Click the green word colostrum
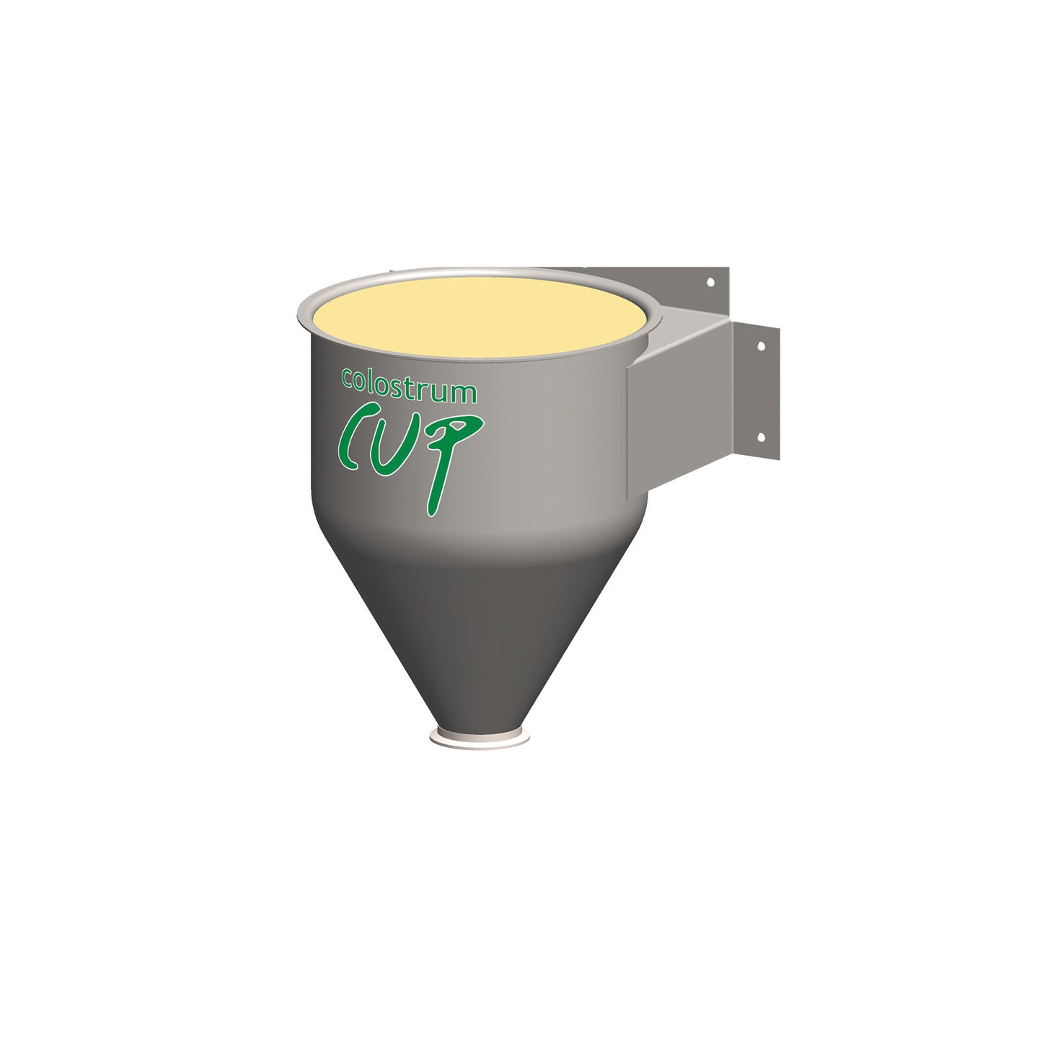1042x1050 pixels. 409,387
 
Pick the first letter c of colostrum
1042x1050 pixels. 347,377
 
